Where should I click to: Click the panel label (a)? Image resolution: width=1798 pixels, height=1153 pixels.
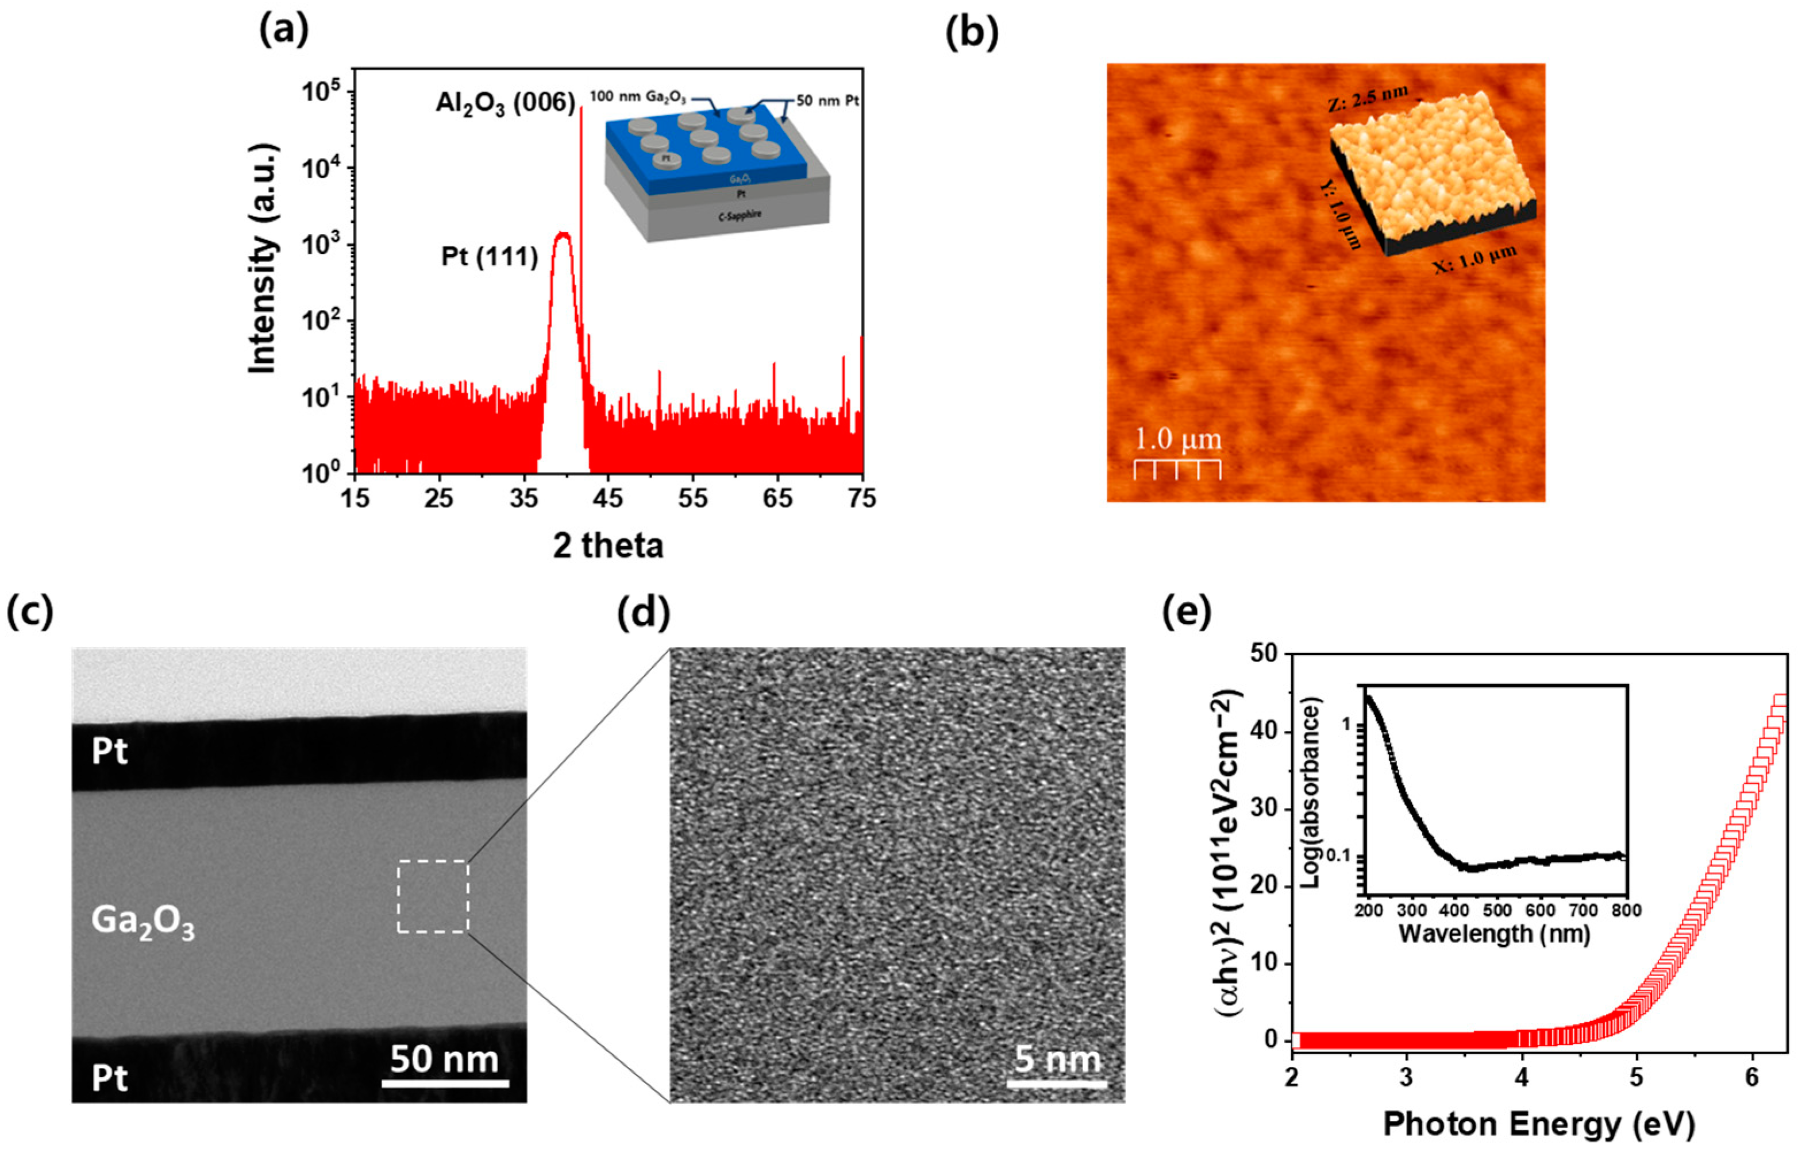(283, 32)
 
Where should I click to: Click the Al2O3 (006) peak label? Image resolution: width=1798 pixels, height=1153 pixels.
(505, 103)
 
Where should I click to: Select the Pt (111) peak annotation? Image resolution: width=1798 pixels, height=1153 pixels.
(489, 257)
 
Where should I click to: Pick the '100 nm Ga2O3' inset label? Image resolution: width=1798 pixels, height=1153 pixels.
(637, 98)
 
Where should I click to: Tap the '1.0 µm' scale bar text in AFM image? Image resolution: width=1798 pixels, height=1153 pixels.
(1177, 439)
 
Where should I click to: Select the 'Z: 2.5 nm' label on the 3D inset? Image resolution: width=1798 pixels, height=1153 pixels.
(1368, 99)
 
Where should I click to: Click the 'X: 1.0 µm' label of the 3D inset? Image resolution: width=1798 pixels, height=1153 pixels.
(1474, 259)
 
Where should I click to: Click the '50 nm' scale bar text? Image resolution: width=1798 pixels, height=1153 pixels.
(444, 1059)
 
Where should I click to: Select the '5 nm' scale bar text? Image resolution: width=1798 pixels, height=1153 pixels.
(1057, 1059)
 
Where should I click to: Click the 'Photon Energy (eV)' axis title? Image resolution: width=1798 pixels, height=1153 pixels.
(1538, 1124)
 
